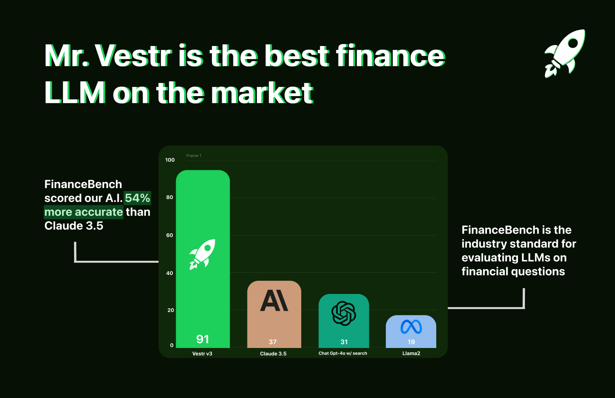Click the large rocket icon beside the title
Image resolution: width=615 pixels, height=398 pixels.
tap(565, 54)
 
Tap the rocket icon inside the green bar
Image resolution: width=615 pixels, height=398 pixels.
tap(202, 254)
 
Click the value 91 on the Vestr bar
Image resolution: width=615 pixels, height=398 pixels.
tap(202, 339)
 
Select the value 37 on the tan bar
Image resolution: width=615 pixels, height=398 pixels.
tap(272, 342)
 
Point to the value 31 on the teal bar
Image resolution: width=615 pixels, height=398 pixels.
tap(344, 342)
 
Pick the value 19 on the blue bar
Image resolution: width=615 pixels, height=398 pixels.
tap(411, 342)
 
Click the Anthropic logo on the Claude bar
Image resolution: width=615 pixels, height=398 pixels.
tap(274, 301)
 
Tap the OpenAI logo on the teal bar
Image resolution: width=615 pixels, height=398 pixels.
tap(344, 313)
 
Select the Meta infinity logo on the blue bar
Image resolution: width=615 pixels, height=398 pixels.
tap(411, 327)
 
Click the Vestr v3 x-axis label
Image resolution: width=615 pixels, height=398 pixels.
tap(202, 354)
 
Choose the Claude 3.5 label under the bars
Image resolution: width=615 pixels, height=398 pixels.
tap(273, 354)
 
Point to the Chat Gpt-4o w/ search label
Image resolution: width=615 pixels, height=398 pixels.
tap(343, 353)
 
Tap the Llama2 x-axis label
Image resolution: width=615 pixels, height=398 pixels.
tap(411, 353)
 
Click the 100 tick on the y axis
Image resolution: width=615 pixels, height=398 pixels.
tap(170, 160)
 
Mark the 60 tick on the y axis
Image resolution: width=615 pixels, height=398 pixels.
tap(170, 235)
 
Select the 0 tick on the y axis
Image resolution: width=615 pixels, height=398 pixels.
tap(172, 345)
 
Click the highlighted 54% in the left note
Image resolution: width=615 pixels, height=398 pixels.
tap(138, 198)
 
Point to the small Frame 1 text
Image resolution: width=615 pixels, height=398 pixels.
tap(194, 156)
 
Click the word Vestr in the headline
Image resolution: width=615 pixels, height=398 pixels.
tap(134, 56)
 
